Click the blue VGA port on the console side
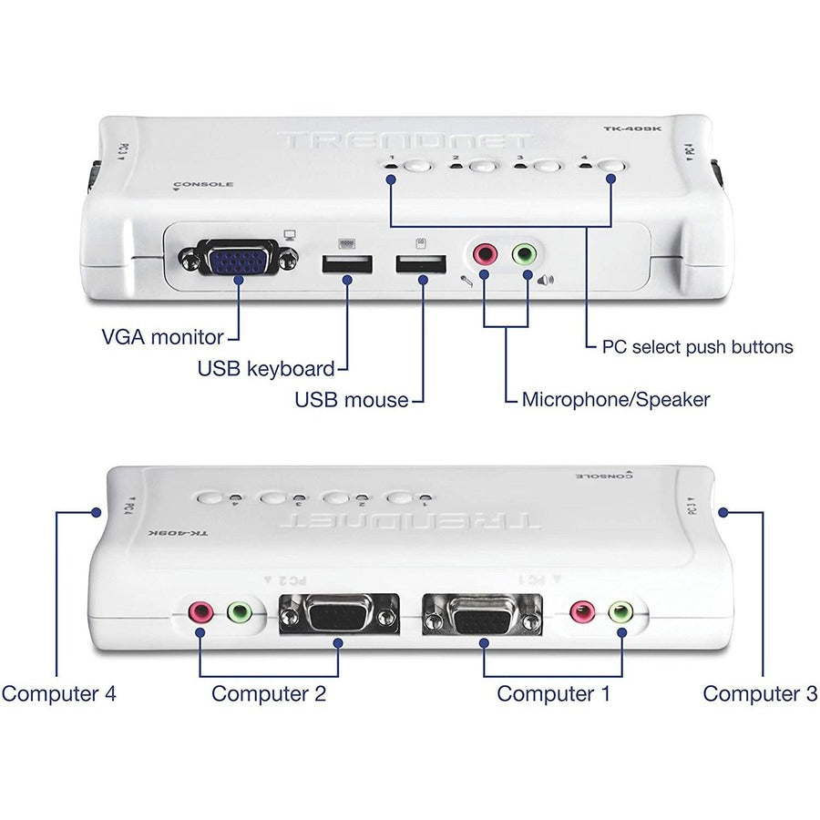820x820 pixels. point(239,261)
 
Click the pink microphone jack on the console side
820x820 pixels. point(484,254)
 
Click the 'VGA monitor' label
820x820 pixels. point(162,337)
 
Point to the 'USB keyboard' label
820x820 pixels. point(266,369)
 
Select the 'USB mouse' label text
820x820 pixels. point(351,399)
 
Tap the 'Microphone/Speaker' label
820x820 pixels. point(616,399)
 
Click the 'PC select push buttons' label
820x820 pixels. point(697,347)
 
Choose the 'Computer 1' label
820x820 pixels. point(553,693)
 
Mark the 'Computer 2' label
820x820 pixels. point(269,693)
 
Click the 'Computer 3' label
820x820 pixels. point(760,693)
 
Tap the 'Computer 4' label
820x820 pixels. point(59,693)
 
